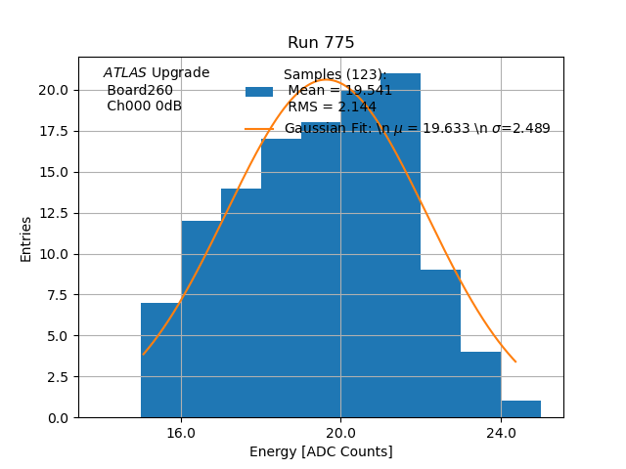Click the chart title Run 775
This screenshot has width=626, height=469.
(x=321, y=43)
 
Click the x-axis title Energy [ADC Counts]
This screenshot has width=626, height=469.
(x=321, y=451)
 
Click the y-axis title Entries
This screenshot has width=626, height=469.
(x=26, y=238)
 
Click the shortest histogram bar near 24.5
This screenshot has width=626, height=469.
(x=520, y=409)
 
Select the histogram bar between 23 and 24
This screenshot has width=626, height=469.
(x=480, y=385)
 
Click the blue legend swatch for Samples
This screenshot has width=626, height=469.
(x=259, y=92)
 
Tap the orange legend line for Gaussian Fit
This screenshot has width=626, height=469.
(x=259, y=129)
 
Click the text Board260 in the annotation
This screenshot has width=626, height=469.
(x=140, y=90)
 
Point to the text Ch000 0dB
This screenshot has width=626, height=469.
(x=144, y=106)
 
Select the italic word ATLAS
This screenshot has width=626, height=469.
(x=124, y=73)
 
